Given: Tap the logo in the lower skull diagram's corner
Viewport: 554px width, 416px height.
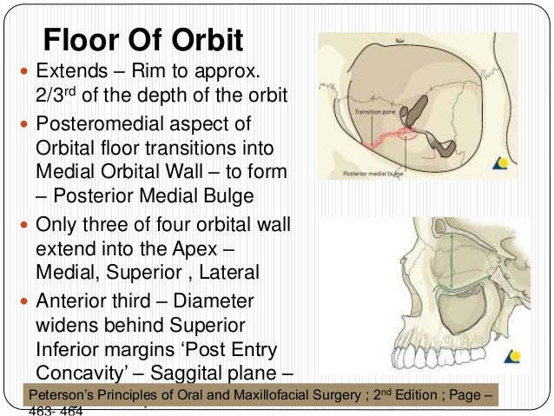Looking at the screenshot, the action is [x=516, y=354].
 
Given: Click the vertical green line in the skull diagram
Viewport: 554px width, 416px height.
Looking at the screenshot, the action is [x=451, y=252].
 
